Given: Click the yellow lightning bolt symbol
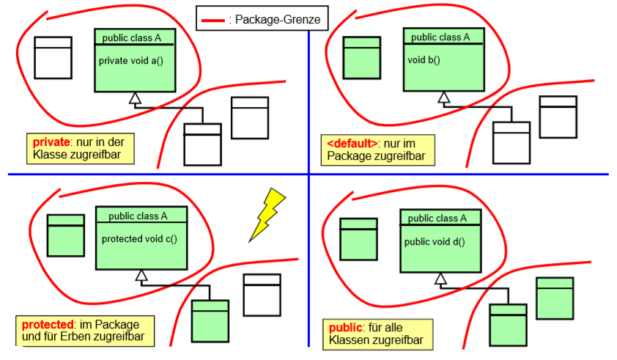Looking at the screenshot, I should pos(267,213).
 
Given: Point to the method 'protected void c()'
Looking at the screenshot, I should pos(139,238).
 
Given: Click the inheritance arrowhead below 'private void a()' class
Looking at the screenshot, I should pos(134,99).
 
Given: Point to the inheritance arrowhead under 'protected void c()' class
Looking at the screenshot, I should pos(141,276).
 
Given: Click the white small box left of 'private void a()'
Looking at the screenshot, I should pos(53,57).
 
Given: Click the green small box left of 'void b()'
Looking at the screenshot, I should pos(362,57).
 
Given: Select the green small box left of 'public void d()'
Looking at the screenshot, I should pos(358,238).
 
